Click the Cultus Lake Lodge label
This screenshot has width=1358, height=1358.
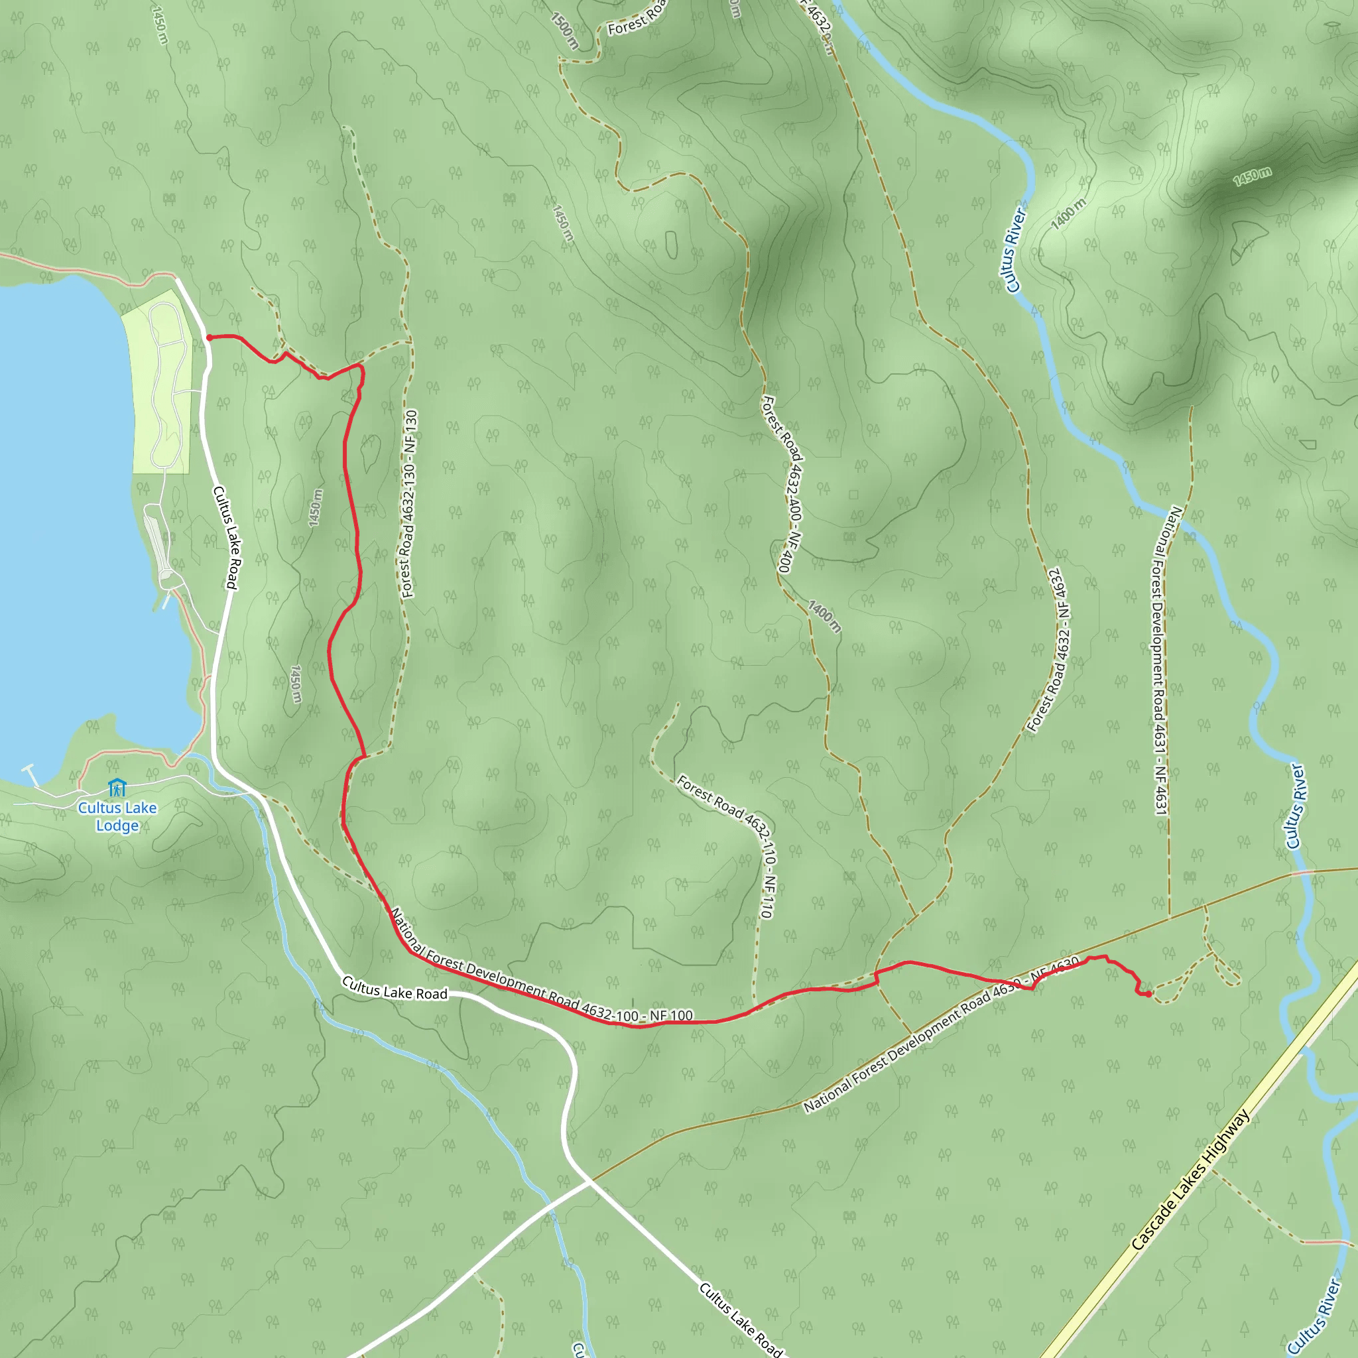click(x=117, y=816)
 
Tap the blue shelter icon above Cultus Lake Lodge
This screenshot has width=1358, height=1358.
click(x=117, y=787)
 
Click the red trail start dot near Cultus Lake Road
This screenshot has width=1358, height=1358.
click(x=209, y=338)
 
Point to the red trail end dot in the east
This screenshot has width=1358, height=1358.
click(x=1148, y=994)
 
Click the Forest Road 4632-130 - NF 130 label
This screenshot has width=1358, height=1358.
click(x=408, y=504)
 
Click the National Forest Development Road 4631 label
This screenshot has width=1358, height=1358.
click(x=1162, y=660)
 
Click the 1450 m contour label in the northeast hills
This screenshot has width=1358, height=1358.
click(x=1253, y=176)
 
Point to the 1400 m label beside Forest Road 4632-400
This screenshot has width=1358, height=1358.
click(x=824, y=617)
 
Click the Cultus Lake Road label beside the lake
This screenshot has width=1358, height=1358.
click(x=226, y=537)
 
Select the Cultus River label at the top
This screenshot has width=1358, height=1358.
click(x=1017, y=249)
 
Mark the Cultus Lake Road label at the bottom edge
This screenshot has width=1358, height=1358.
click(x=740, y=1320)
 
